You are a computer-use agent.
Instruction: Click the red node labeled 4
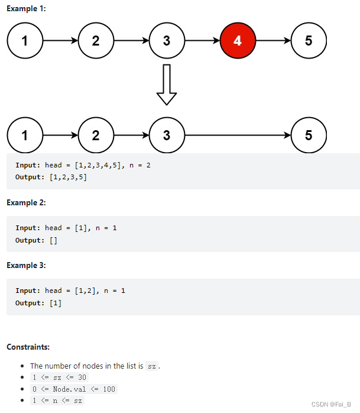(238, 41)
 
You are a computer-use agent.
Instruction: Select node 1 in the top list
(25, 41)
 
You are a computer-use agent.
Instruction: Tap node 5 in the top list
(309, 41)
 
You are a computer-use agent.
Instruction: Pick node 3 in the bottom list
(167, 135)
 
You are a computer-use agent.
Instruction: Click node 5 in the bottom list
(309, 135)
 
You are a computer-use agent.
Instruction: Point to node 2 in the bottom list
(96, 135)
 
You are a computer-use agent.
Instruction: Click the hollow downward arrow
(167, 84)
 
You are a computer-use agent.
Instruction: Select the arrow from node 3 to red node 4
(202, 41)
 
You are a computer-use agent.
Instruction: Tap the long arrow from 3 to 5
(238, 135)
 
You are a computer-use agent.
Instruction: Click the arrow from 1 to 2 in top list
(60, 41)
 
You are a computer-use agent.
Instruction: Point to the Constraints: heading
(28, 346)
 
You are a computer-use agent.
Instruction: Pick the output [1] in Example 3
(55, 303)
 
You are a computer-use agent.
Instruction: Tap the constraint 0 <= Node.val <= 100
(73, 389)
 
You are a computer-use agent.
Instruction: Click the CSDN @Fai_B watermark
(332, 404)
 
